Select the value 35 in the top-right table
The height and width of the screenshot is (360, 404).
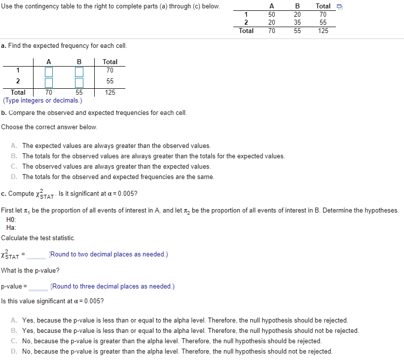[x=297, y=22]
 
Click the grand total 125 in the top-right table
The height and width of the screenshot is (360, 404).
[x=323, y=31]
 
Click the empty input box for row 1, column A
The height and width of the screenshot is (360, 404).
[x=49, y=72]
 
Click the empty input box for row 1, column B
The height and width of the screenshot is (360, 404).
[x=79, y=72]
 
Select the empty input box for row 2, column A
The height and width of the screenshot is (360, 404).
[x=49, y=82]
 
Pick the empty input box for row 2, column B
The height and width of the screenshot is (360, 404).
[x=79, y=82]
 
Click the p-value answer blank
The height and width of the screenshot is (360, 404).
[x=38, y=287]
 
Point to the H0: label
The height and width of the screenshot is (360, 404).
[x=11, y=219]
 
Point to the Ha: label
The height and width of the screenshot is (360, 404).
[x=11, y=227]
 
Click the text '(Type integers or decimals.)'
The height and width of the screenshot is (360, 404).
[x=42, y=101]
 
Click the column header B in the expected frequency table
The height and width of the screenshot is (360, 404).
[x=79, y=62]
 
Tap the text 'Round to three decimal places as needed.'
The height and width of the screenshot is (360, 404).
[x=112, y=287]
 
